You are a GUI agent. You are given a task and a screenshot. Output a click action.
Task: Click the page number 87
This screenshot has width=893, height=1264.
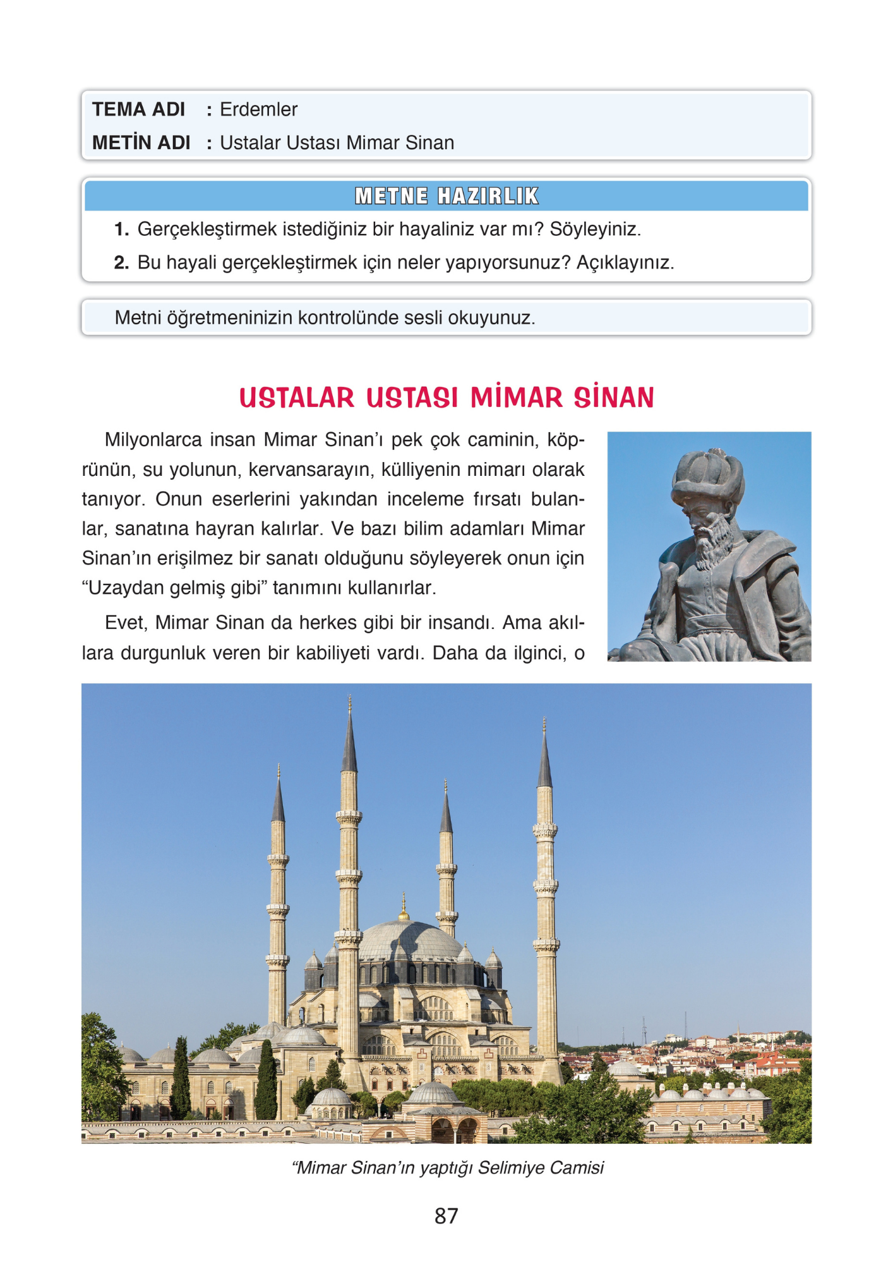[x=446, y=1216]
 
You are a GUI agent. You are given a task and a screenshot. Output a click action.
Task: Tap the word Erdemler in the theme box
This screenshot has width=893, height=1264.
[x=258, y=109]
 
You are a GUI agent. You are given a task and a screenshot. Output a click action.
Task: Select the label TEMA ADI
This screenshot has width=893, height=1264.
[x=138, y=109]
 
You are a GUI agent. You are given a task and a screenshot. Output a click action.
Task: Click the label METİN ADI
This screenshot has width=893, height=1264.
[x=141, y=143]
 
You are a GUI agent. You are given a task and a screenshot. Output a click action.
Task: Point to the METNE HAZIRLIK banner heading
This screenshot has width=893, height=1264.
[x=446, y=196]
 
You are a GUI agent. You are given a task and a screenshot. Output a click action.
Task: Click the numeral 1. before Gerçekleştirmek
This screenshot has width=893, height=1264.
[x=121, y=229]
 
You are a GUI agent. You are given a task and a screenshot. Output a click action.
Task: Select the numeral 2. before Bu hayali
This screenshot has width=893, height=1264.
[x=121, y=262]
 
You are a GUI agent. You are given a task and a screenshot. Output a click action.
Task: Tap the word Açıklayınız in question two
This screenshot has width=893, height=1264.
[x=625, y=262]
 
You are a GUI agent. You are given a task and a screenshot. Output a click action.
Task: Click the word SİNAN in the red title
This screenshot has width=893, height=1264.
[x=613, y=398]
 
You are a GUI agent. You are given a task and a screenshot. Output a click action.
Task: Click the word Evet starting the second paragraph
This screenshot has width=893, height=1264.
[x=126, y=623]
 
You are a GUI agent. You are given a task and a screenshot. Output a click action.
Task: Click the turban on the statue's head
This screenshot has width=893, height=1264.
[x=708, y=474]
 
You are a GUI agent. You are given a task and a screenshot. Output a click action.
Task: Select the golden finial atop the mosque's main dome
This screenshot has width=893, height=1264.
[x=404, y=909]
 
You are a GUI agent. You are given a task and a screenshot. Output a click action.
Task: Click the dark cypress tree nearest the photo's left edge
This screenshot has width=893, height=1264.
[x=181, y=1074]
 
